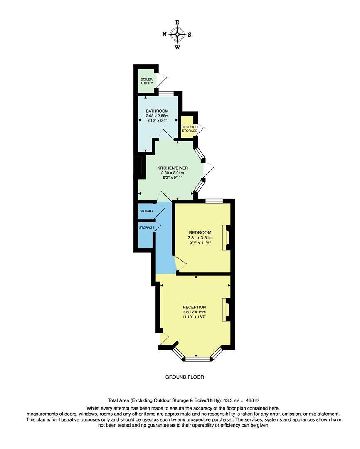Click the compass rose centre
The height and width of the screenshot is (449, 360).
coord(178,35)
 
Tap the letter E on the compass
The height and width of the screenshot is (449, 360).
coord(178,22)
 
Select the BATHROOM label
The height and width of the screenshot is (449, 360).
coord(157,111)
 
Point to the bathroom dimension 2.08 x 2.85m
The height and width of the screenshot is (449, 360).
coord(157,116)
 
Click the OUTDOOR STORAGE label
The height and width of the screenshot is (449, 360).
coord(189,128)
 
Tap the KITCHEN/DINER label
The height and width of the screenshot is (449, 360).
coord(170,168)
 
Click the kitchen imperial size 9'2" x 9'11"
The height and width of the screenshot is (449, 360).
coord(170,178)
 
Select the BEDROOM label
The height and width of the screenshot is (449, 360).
coord(200,232)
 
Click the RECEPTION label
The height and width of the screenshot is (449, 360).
coord(194,307)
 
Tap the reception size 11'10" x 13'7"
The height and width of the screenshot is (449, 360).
coord(194,317)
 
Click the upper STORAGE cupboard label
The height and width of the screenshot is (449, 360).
coord(147,211)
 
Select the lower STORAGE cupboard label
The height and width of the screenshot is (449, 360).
coord(147,227)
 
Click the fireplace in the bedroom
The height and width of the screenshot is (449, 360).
coord(227,237)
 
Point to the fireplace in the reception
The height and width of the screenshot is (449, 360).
coord(227,310)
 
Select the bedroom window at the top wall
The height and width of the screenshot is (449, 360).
coord(214,201)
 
